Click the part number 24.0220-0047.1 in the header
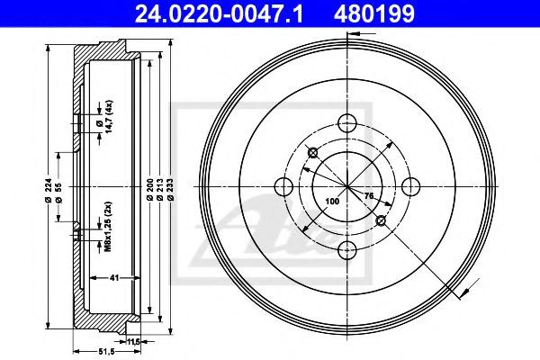[x=219, y=13]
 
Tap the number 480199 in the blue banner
[x=373, y=13]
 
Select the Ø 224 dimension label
[x=49, y=190]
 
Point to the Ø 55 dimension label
[x=58, y=193]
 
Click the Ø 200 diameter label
[x=150, y=190]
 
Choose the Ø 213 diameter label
[x=160, y=190]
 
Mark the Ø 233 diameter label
[x=171, y=190]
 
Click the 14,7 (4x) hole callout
[x=106, y=117]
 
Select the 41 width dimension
[x=114, y=277]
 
